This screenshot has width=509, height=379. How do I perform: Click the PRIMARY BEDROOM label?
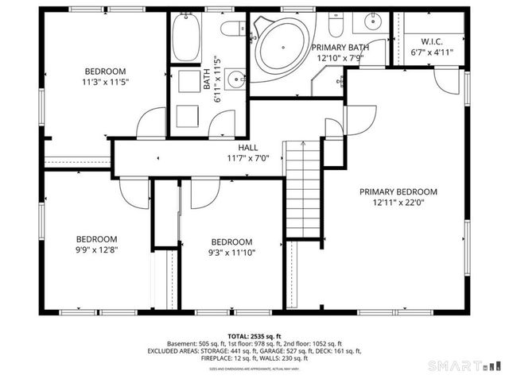[x=398, y=191]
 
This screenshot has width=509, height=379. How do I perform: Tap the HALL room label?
[x=247, y=147]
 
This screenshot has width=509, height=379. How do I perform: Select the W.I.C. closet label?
[x=431, y=41]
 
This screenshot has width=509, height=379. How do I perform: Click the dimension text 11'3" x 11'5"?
[x=104, y=81]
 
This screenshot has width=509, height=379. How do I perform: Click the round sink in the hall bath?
[x=234, y=79]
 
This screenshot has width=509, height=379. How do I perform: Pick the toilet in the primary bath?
[x=335, y=25]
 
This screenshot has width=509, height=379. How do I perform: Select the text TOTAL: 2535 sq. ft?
[x=254, y=336]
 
